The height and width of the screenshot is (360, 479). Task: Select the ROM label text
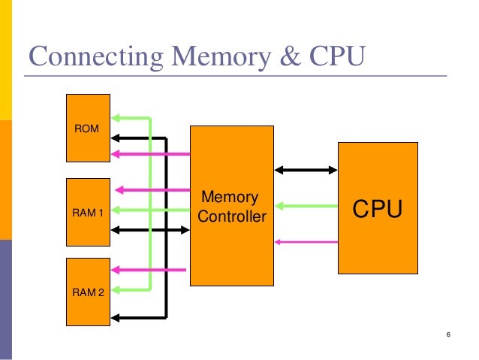coord(86,130)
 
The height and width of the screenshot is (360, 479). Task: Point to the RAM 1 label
coord(88,213)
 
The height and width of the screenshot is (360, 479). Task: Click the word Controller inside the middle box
coord(233,218)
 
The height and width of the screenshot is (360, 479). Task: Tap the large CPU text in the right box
coord(378,210)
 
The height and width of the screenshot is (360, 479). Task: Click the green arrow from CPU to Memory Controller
coord(306,204)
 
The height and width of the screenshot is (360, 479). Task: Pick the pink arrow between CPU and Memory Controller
coord(306,241)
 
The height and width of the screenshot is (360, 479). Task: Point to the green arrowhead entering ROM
coord(117,118)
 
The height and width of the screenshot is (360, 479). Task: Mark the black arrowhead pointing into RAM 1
coord(117,228)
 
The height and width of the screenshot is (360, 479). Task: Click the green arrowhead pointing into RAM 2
coord(117,288)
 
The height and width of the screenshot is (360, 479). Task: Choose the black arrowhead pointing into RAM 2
coord(117,308)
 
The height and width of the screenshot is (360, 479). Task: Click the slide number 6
coord(447,334)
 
